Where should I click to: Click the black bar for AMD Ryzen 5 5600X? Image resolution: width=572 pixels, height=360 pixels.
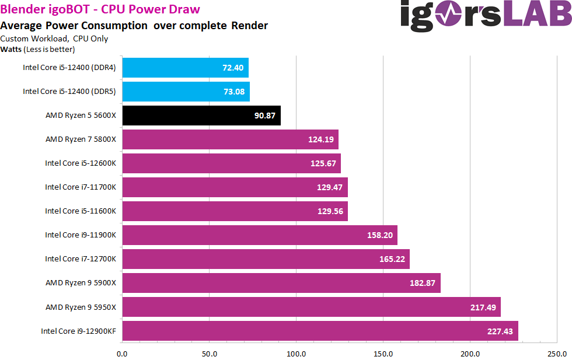tap(201, 116)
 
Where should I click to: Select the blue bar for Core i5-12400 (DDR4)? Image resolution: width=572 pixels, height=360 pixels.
tap(185, 68)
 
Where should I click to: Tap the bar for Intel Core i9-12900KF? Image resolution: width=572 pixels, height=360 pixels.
tap(320, 331)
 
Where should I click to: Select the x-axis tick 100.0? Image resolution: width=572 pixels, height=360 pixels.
tap(297, 354)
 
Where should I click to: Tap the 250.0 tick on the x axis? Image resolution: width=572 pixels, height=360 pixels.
tap(557, 354)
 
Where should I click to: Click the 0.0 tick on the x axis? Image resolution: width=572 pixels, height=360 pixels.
tap(123, 354)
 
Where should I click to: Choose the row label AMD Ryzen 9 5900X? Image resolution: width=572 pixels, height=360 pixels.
tap(81, 283)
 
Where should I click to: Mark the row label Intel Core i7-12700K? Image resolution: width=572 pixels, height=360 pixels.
tap(81, 259)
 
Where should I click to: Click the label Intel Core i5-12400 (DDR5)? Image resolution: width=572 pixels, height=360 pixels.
tap(69, 92)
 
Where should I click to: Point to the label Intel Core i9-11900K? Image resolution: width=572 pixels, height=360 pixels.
tap(81, 235)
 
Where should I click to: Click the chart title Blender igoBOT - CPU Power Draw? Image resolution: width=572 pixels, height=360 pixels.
tap(100, 9)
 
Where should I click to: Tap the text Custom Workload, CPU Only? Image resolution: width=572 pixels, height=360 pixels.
tap(54, 39)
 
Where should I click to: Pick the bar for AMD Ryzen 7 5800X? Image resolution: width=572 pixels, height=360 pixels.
tap(230, 139)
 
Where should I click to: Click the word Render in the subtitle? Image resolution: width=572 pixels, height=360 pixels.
tap(250, 26)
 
